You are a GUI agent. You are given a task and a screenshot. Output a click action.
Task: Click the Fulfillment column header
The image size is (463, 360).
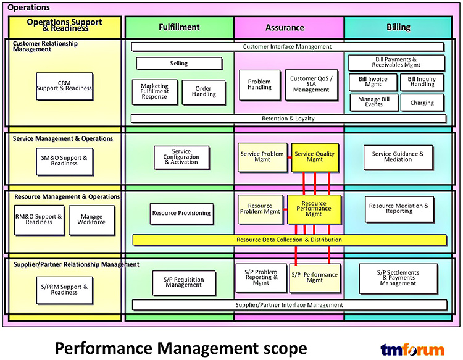[x=179, y=27]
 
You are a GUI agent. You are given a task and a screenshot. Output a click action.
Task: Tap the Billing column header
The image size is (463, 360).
[x=398, y=27]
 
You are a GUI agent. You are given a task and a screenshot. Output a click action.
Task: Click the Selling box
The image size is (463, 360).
[x=179, y=64]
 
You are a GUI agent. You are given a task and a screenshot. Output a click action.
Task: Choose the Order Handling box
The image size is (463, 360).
[x=204, y=92]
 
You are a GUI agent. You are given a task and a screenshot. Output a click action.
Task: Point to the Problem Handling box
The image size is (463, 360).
[x=259, y=85]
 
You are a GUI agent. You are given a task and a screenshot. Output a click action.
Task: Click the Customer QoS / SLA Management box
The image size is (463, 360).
[x=311, y=85]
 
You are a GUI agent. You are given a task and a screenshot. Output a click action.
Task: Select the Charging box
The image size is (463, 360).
[x=422, y=103]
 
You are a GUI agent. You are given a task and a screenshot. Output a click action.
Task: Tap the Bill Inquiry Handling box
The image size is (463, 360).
[x=422, y=82]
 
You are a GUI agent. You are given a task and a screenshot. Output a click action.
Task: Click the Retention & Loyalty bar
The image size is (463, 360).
[x=288, y=119]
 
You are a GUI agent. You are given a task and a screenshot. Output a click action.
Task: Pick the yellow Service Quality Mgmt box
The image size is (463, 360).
[x=315, y=157]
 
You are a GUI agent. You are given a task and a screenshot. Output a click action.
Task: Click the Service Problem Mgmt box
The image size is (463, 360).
[x=262, y=157]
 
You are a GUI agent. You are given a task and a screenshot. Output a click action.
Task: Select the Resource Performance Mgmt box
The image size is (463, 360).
[x=314, y=209]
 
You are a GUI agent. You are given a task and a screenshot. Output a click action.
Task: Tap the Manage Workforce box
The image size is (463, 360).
[x=91, y=220]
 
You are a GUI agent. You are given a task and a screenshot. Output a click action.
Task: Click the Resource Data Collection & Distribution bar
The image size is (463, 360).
[x=290, y=240]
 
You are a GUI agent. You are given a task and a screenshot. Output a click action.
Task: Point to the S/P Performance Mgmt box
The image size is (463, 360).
[x=315, y=278]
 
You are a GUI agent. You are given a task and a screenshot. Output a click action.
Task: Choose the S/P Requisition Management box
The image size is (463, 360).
[x=184, y=283]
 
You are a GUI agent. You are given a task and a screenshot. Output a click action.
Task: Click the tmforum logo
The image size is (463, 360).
[x=412, y=350]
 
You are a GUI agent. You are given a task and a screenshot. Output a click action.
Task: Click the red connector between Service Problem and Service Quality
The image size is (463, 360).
[x=290, y=157]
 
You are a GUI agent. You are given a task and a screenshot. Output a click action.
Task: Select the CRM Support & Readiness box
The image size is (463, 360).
[x=64, y=86]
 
